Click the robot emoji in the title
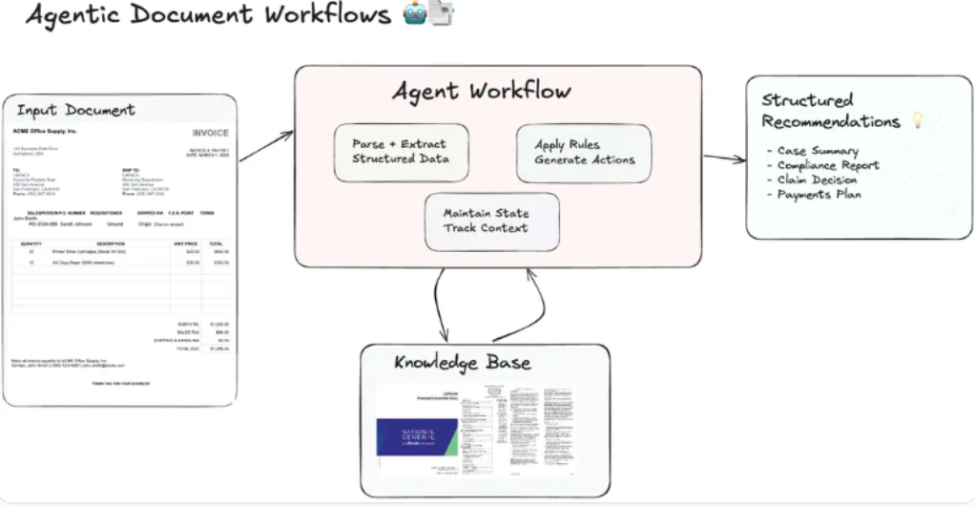pos(414,14)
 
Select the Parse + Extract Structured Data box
pos(401,152)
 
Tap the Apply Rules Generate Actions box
pos(584,153)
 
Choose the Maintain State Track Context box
pos(491,221)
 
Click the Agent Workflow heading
pos(482,92)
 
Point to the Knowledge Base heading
pos(463,363)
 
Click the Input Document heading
pos(76,111)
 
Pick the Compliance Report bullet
pos(826,165)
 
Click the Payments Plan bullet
pos(819,195)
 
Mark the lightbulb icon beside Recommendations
pos(918,121)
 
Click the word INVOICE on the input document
pos(210,133)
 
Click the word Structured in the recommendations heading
pos(807,100)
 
